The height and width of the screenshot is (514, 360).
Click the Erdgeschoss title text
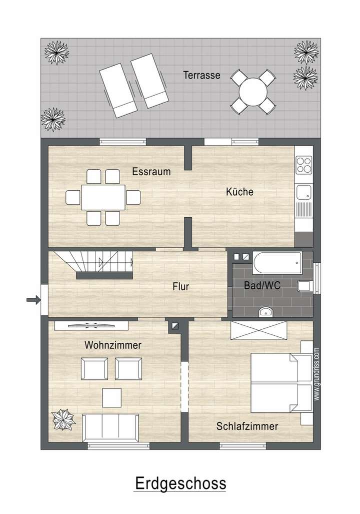(180, 484)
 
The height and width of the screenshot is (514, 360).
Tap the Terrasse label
(201, 76)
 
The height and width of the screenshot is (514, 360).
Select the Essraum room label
(151, 172)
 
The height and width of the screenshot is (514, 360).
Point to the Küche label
(239, 192)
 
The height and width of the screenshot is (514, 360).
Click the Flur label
(180, 287)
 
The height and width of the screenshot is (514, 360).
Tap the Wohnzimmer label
(113, 345)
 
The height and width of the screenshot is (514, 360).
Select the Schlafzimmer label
(247, 426)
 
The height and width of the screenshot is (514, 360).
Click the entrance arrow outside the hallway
(33, 300)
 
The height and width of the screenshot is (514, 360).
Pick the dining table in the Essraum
(103, 197)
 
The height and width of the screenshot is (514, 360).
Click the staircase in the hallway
(95, 264)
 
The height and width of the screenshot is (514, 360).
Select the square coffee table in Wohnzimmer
(112, 398)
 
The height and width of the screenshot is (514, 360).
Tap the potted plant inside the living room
(63, 420)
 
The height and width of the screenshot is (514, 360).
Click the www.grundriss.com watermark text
(317, 373)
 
